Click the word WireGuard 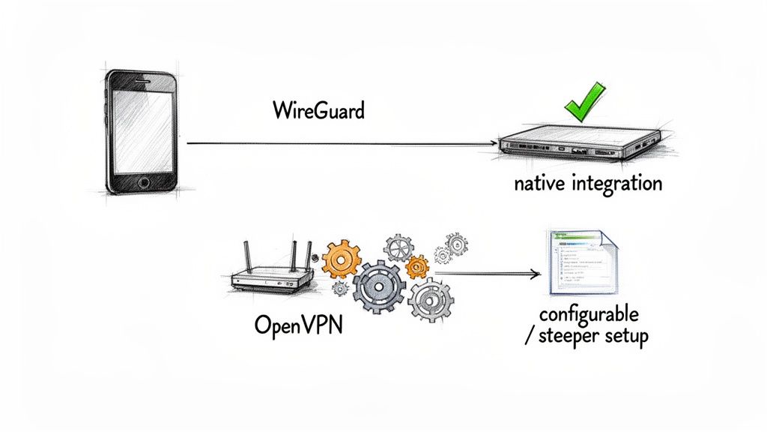pos(318,111)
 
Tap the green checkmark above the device pos(584,104)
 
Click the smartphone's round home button pos(142,182)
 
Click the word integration pos(617,183)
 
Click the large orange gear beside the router pos(345,259)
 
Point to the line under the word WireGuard pos(341,142)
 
